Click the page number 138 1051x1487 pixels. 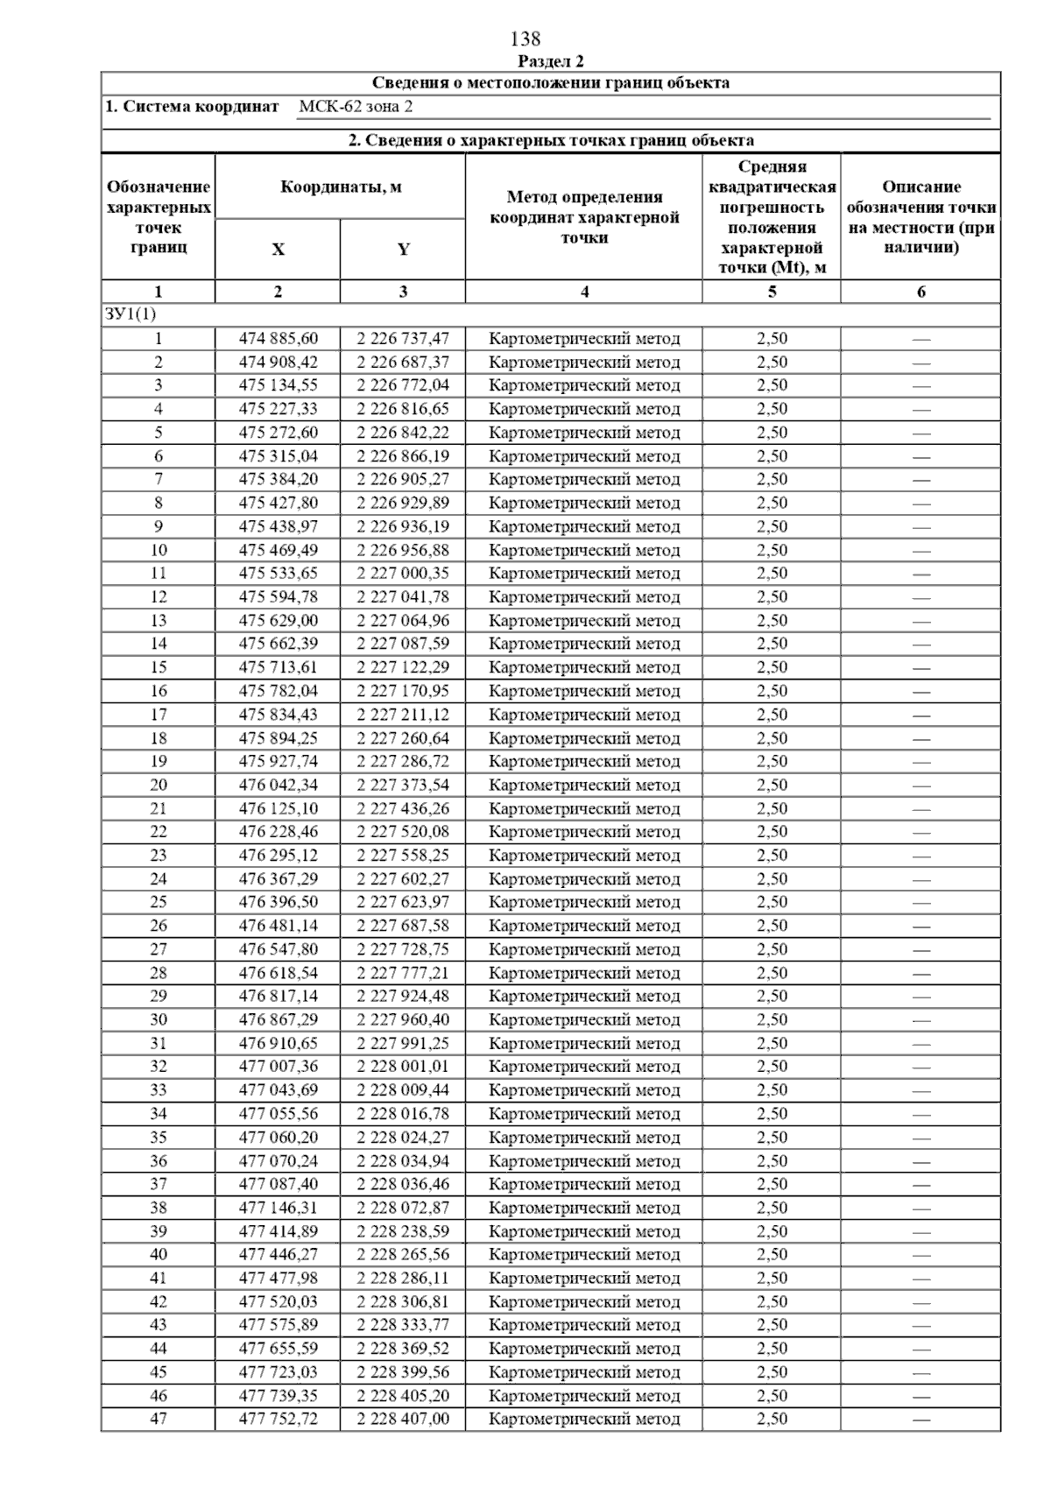pyautogui.click(x=525, y=39)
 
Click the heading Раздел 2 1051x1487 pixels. pyautogui.click(x=551, y=61)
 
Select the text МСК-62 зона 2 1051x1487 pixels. pyautogui.click(x=355, y=107)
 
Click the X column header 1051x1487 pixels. pyautogui.click(x=278, y=250)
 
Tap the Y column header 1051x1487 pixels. pyautogui.click(x=403, y=250)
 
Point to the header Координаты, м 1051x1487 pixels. pyautogui.click(x=341, y=187)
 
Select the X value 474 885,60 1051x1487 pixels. pyautogui.click(x=279, y=339)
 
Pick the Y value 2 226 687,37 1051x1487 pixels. pyautogui.click(x=403, y=362)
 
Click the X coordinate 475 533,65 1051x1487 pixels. pyautogui.click(x=279, y=574)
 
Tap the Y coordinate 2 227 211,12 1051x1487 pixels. pyautogui.click(x=403, y=715)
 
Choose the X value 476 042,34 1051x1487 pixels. pyautogui.click(x=279, y=785)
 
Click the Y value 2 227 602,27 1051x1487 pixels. pyautogui.click(x=403, y=878)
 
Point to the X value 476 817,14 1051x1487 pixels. pyautogui.click(x=279, y=996)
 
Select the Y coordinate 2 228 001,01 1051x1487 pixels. pyautogui.click(x=403, y=1066)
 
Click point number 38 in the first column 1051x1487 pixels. pyautogui.click(x=159, y=1208)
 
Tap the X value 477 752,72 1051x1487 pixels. pyautogui.click(x=279, y=1419)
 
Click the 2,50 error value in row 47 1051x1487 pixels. pyautogui.click(x=772, y=1419)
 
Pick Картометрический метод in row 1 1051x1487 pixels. pyautogui.click(x=584, y=339)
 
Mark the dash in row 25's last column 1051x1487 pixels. pyautogui.click(x=921, y=903)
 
